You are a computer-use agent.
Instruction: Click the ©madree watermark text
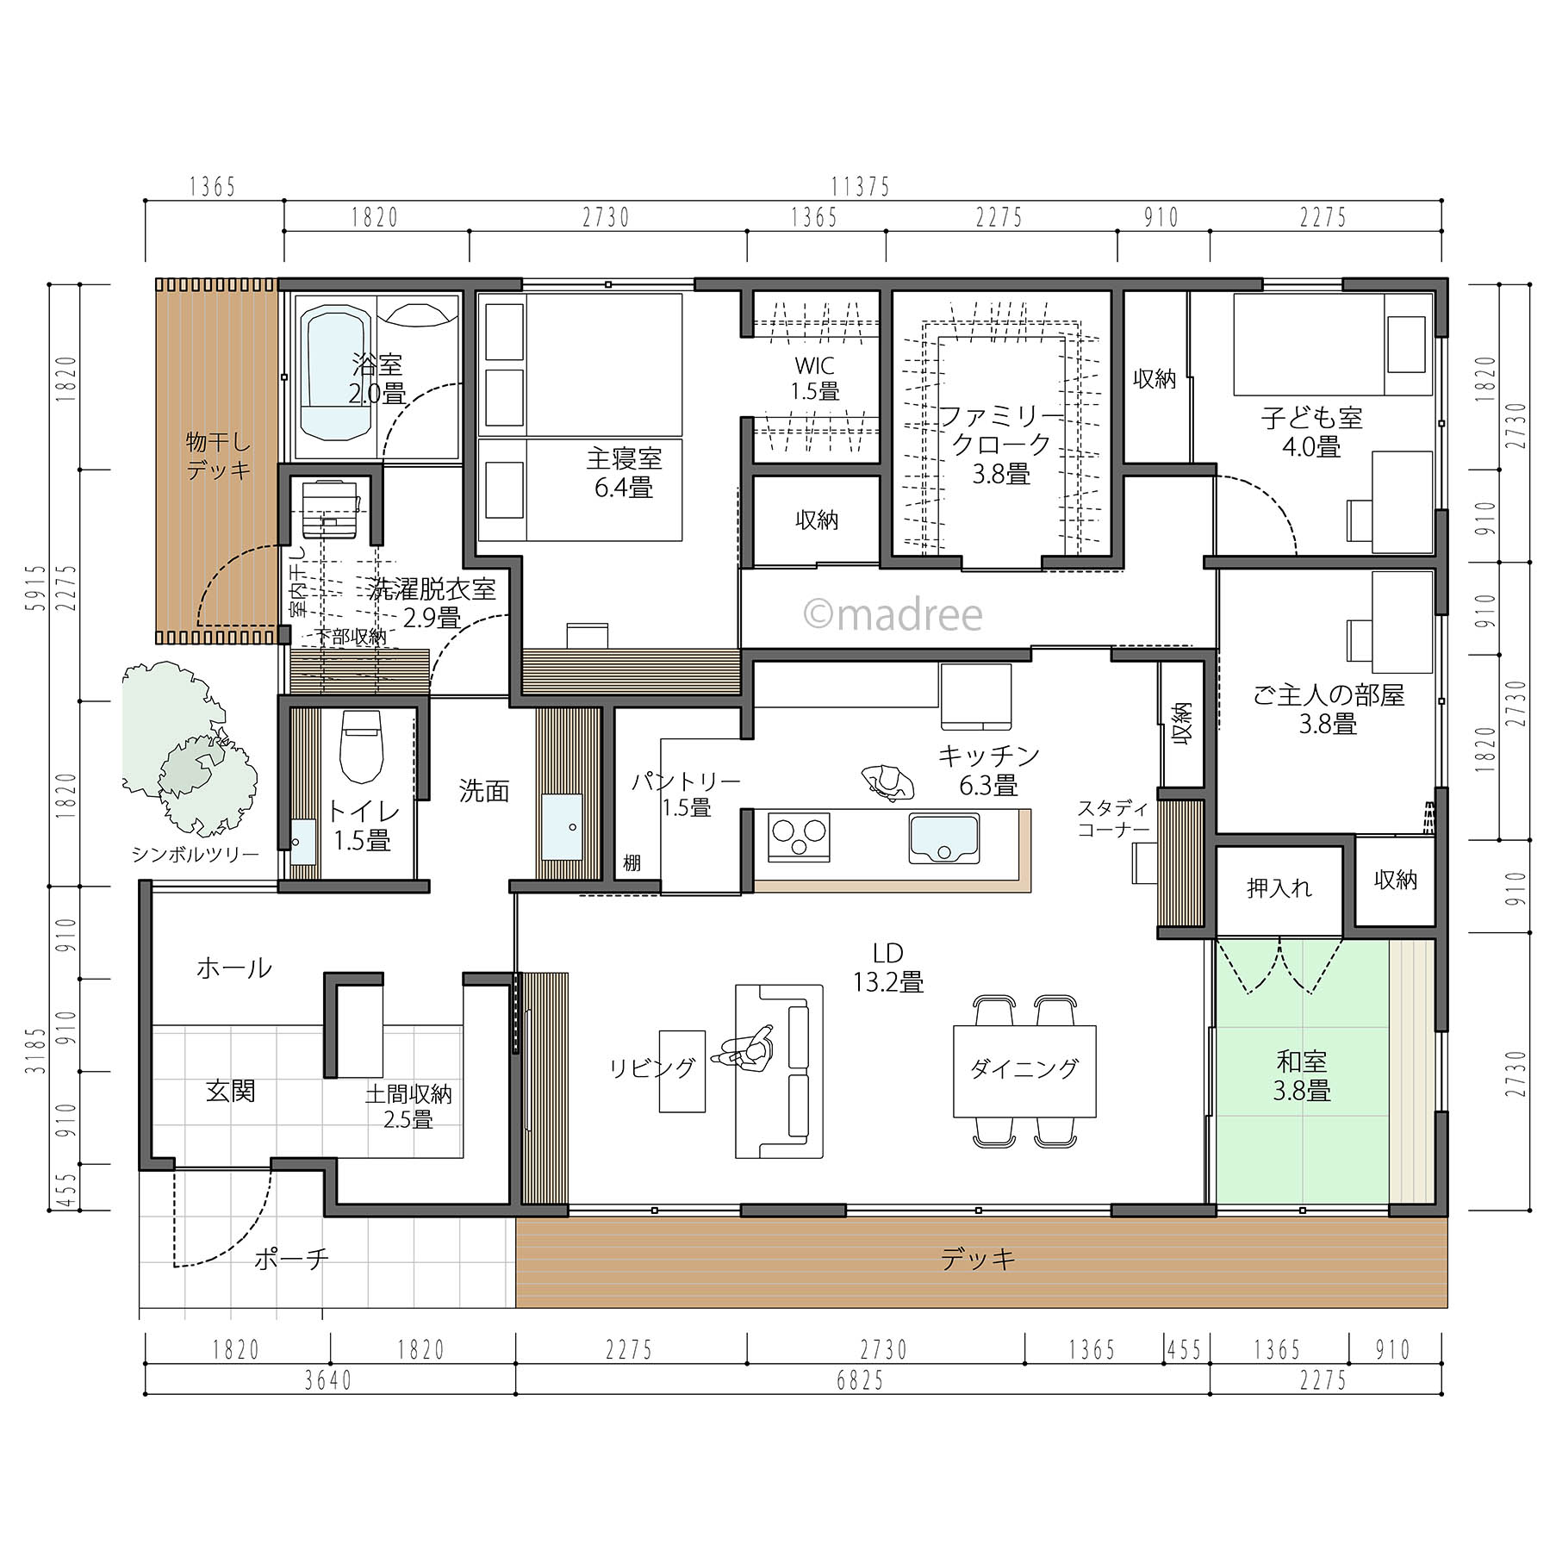893,614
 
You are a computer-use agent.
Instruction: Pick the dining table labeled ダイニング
1024,1070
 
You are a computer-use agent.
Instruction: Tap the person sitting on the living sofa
744,1051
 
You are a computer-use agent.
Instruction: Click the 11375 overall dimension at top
861,186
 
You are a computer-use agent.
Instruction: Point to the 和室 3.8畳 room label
1302,1075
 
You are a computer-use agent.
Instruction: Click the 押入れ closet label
1279,888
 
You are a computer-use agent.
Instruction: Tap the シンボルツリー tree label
195,855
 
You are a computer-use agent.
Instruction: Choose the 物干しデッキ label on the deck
219,456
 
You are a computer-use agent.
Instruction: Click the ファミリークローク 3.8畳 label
1001,445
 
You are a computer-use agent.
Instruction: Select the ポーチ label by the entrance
291,1260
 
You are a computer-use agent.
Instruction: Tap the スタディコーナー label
1113,818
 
